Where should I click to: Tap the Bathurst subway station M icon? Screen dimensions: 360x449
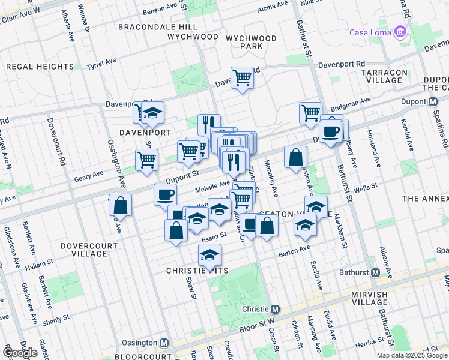coord(376,273)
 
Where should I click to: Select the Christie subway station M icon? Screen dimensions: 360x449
coord(275,309)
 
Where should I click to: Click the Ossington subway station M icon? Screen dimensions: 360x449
coord(164,343)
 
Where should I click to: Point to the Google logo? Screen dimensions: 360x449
coord(20,353)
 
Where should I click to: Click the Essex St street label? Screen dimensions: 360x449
coord(213,238)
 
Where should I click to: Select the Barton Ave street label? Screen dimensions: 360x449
coord(294,252)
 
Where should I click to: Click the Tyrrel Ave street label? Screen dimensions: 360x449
coord(101,63)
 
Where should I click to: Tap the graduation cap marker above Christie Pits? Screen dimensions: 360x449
coord(209,255)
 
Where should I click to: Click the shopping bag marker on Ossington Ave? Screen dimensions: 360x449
coord(121,205)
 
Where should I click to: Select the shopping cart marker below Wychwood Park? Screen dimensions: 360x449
coord(241,77)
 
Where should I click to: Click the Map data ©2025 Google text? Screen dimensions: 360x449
coord(412,355)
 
